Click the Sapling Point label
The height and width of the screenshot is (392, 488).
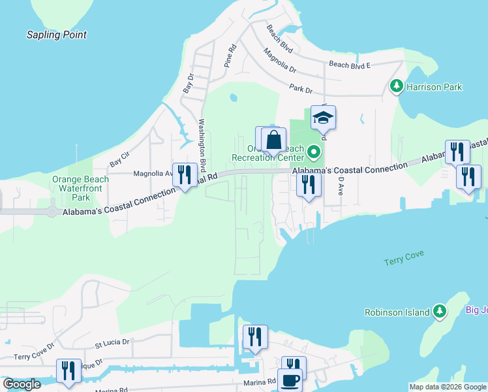(56, 35)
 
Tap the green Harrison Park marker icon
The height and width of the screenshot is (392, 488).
(395, 86)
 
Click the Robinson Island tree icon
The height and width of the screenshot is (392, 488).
(441, 312)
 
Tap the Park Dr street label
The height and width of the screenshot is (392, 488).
(300, 89)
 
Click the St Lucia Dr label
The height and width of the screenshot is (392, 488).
(112, 342)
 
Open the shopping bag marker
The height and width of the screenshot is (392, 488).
(274, 140)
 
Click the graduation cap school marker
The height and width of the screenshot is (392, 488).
(323, 118)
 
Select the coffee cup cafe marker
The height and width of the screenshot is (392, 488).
(290, 380)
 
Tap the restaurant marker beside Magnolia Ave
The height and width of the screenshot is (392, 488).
(185, 175)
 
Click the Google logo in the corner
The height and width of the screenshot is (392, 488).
(22, 384)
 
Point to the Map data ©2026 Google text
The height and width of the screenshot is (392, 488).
(447, 387)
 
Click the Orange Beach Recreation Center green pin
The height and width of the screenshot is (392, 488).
(314, 153)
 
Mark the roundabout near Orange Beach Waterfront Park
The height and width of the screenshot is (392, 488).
(52, 211)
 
